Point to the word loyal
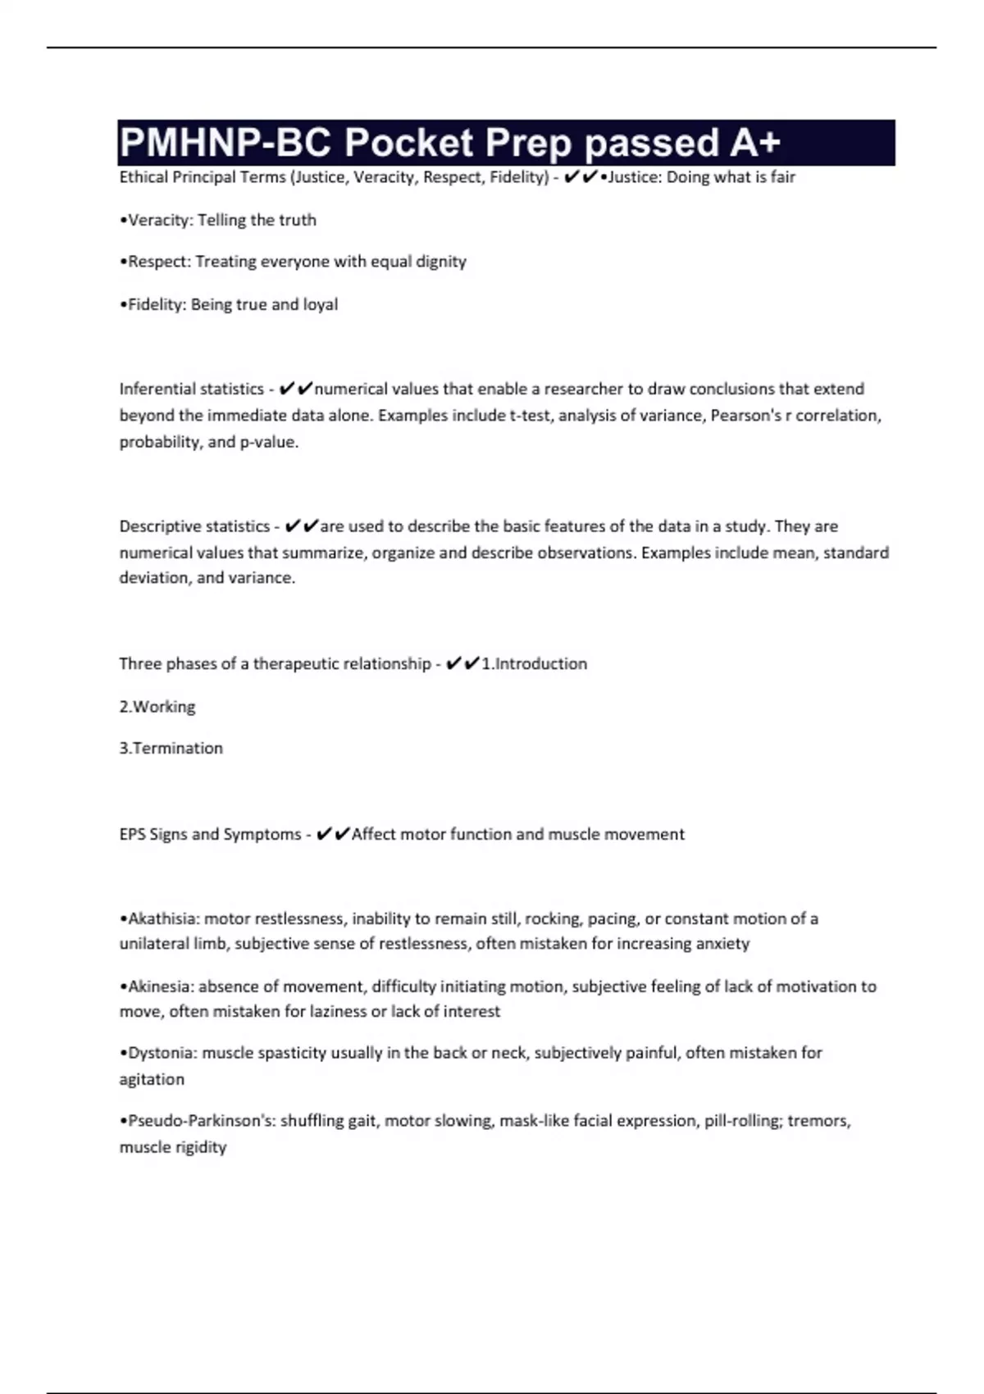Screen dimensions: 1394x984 [x=321, y=304]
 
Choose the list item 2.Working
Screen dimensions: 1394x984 [x=157, y=706]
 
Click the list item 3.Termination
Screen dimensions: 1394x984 [x=171, y=748]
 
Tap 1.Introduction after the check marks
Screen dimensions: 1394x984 [x=534, y=663]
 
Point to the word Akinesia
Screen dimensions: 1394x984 [x=159, y=986]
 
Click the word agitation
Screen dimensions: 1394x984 [x=152, y=1079]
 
